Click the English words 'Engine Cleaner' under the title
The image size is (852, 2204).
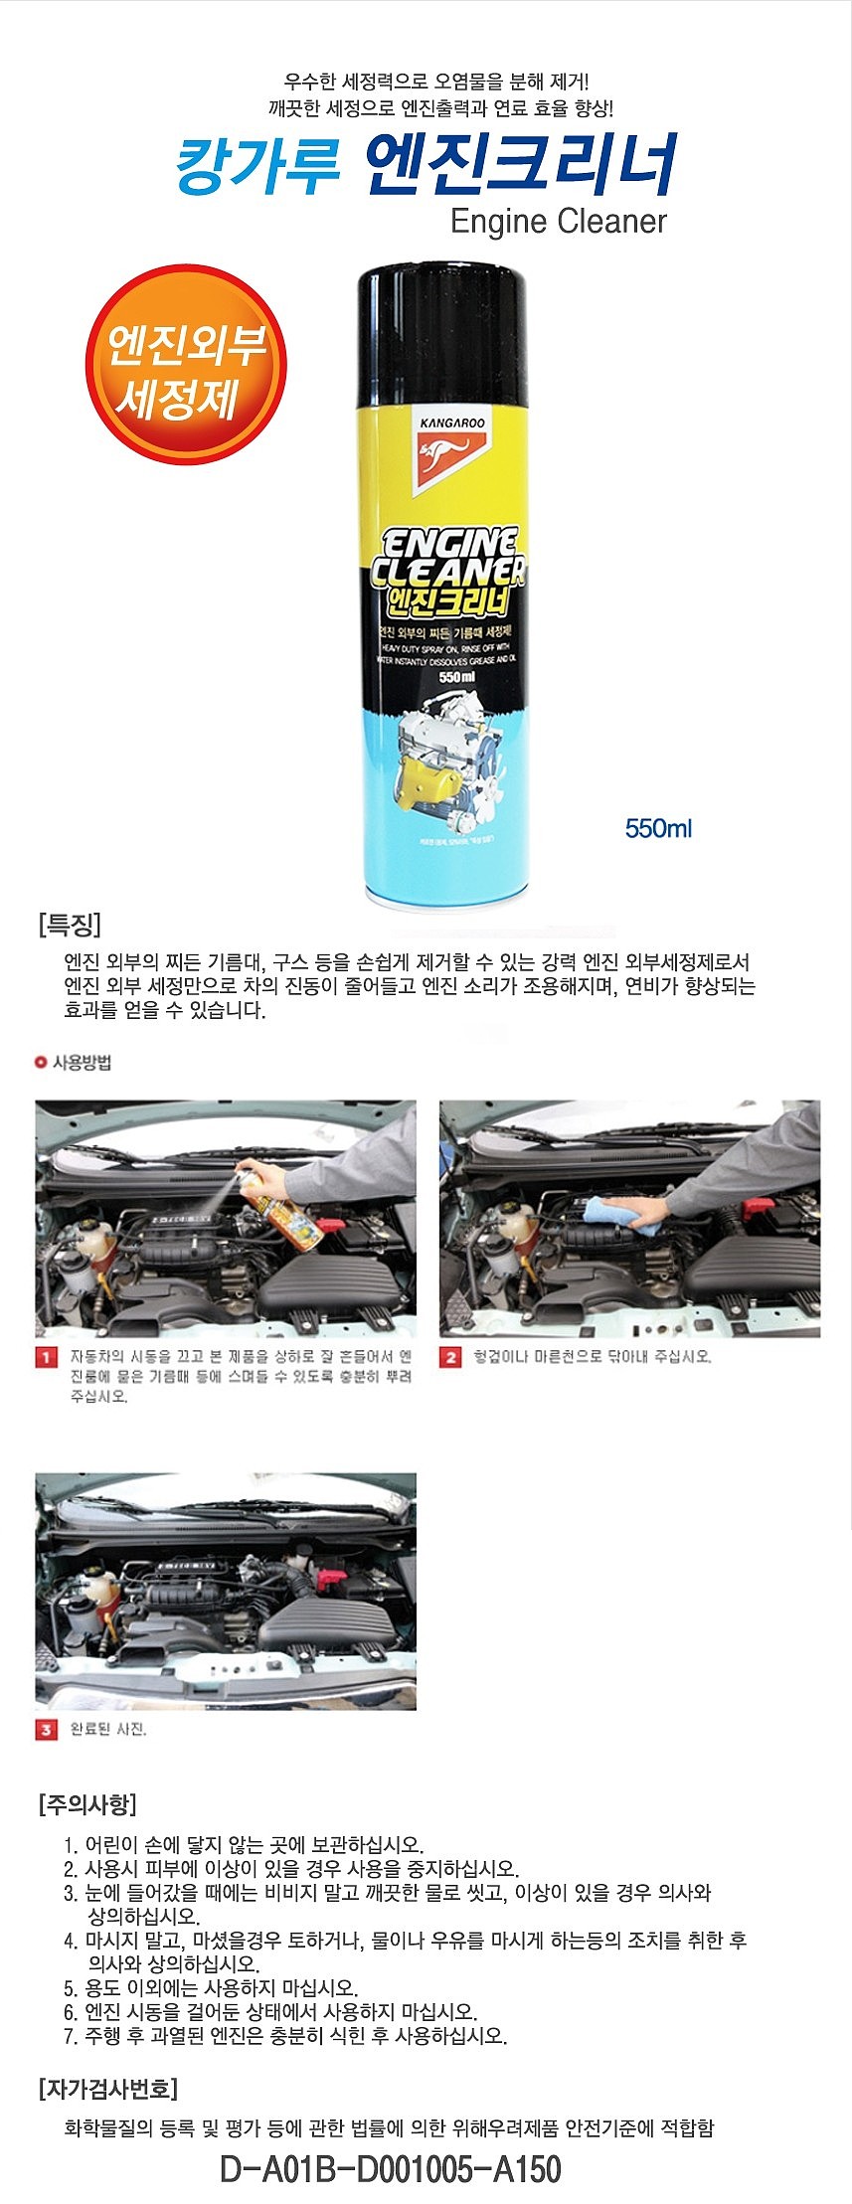click(558, 221)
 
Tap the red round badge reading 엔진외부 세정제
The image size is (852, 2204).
click(186, 365)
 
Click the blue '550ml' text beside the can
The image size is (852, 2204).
click(658, 828)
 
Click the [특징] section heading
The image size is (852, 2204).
click(70, 926)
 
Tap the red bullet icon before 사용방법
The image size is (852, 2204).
click(41, 1063)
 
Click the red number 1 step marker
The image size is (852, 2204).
click(46, 1357)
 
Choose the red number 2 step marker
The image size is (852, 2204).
click(450, 1357)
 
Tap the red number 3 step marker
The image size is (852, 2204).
click(46, 1730)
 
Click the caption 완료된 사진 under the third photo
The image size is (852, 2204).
click(108, 1730)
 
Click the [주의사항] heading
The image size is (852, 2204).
click(87, 1803)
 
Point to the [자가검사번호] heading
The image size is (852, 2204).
click(108, 2089)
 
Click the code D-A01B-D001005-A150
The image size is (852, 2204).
click(390, 2169)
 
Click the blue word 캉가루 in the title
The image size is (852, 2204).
click(258, 165)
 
